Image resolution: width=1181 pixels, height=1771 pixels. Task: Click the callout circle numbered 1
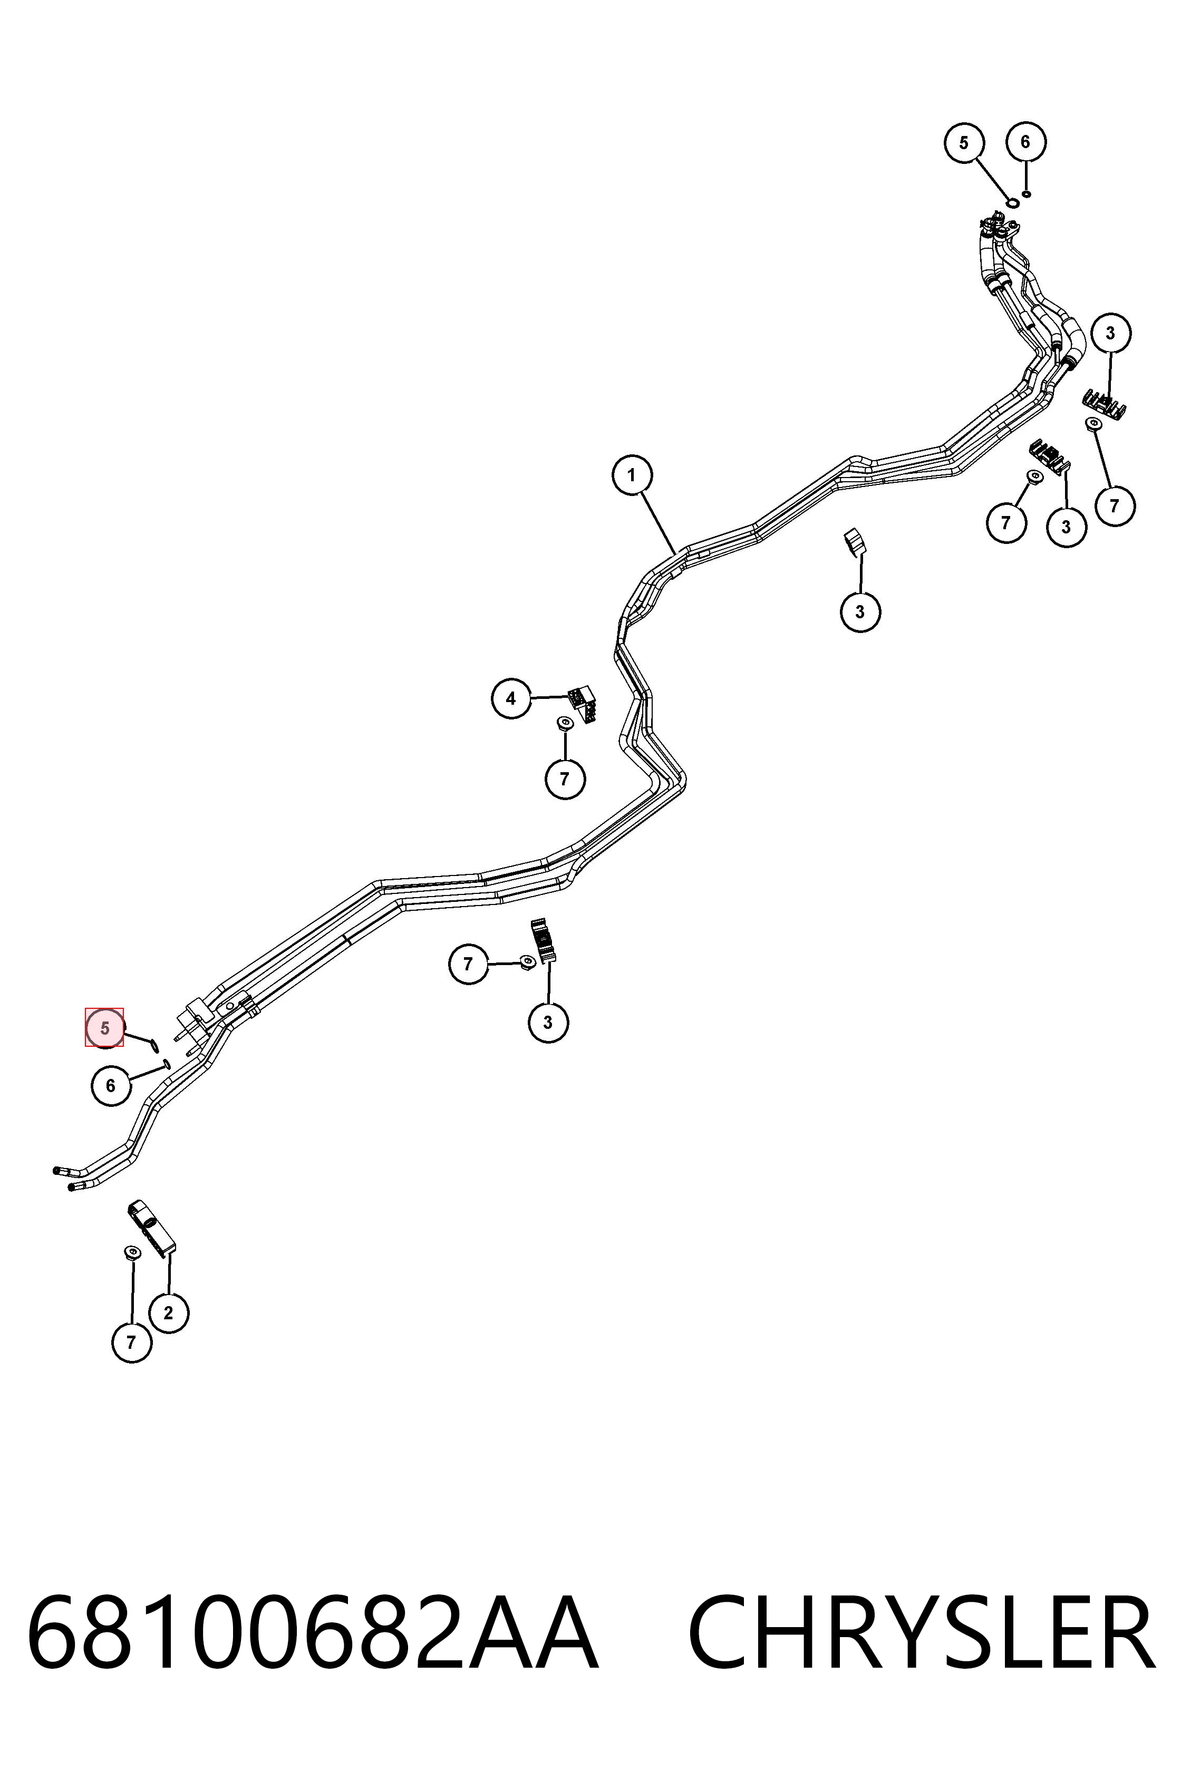click(x=631, y=475)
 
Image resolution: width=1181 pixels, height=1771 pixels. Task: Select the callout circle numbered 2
click(x=168, y=1312)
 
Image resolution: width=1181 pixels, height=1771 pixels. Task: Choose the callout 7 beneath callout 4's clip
click(x=565, y=779)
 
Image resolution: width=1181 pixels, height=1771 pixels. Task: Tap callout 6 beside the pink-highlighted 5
click(x=111, y=1085)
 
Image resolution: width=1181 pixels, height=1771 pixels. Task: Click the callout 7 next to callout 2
click(x=132, y=1342)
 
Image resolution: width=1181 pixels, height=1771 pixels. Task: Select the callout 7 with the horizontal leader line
click(x=469, y=963)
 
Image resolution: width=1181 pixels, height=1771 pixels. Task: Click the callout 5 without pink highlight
click(x=964, y=142)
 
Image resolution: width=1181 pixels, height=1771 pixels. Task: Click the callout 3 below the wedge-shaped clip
click(x=860, y=611)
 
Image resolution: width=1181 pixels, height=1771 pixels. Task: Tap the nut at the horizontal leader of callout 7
click(x=527, y=961)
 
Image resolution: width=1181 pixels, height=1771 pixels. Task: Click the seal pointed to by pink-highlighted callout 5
click(x=153, y=1043)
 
